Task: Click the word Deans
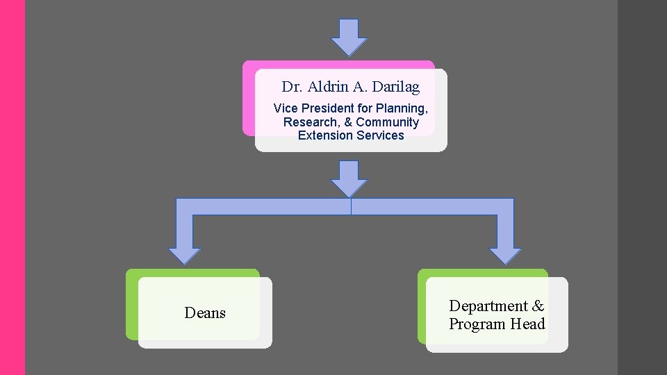[x=205, y=313]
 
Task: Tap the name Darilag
[x=396, y=87]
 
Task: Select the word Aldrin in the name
[x=328, y=87]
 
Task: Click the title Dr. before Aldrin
[x=290, y=87]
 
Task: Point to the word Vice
[x=286, y=108]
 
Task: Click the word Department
[x=488, y=306]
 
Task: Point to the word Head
[x=527, y=324]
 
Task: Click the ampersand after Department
[x=538, y=306]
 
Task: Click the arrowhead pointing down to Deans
[x=185, y=254]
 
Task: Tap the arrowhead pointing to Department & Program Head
[x=505, y=254]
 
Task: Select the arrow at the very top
[x=349, y=37]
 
